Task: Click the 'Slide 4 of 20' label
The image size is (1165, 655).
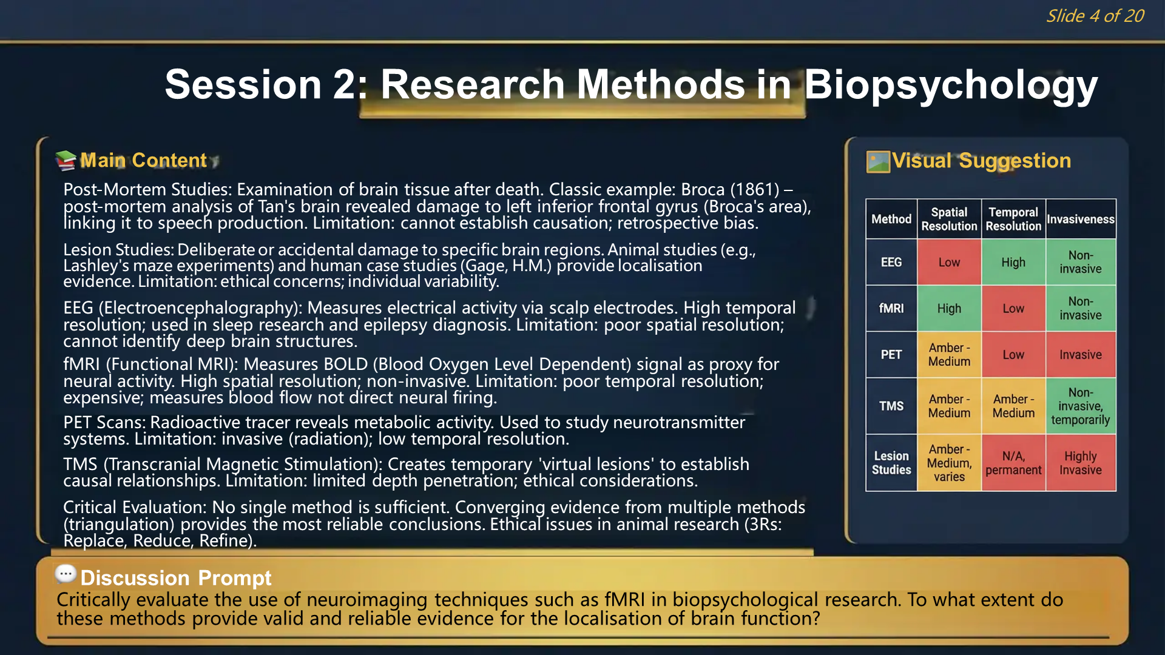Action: [x=1095, y=16]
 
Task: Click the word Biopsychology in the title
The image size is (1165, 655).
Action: [x=951, y=85]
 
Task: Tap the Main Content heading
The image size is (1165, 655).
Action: [x=143, y=160]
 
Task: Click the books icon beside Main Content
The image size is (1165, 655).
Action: [x=66, y=160]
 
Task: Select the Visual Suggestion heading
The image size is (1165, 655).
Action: [x=981, y=161]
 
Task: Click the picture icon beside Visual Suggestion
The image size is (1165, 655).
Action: [x=877, y=161]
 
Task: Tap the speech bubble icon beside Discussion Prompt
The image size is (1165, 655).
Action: [x=65, y=573]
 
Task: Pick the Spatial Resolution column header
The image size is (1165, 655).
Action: [x=949, y=219]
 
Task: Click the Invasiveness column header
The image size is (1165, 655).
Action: [x=1080, y=219]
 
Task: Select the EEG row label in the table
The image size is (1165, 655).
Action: [x=891, y=262]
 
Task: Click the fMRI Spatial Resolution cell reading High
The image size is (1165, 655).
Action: [x=949, y=308]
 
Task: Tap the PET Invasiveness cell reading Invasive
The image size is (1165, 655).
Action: [x=1080, y=355]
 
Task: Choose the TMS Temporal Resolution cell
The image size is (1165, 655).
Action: [x=1013, y=406]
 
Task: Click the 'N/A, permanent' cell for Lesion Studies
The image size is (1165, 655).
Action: [x=1013, y=463]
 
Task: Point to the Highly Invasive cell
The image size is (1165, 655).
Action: [x=1080, y=463]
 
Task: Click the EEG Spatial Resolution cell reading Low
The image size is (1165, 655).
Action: [x=949, y=262]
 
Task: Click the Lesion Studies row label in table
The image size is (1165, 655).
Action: [x=891, y=463]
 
